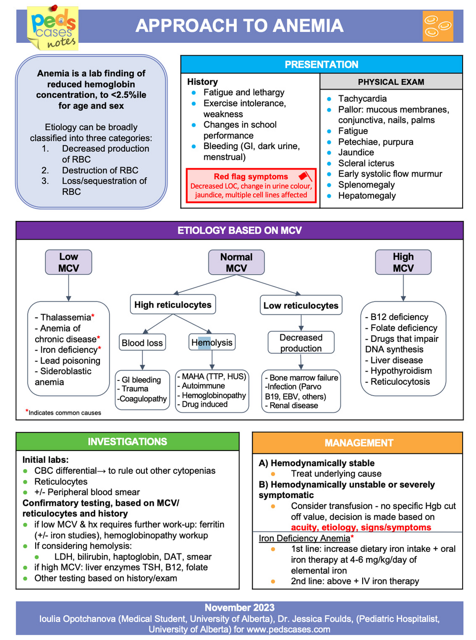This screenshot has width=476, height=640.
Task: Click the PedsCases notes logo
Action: (x=53, y=28)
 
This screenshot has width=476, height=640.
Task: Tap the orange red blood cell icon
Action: (x=437, y=26)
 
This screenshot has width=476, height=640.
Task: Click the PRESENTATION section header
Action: (x=321, y=64)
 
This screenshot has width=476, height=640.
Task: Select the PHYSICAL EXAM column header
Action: (x=391, y=81)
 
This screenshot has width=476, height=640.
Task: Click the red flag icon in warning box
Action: (x=305, y=177)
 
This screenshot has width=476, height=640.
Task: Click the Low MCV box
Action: (x=69, y=262)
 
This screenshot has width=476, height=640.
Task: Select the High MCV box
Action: (x=403, y=262)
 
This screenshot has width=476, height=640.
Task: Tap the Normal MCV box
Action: (x=236, y=262)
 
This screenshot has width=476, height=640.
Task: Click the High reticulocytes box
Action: (x=172, y=305)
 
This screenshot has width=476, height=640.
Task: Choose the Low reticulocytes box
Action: (x=301, y=305)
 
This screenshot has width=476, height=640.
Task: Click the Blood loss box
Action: (x=142, y=342)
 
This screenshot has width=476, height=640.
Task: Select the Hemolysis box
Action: (x=212, y=342)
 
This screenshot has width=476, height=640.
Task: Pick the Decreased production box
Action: (x=301, y=343)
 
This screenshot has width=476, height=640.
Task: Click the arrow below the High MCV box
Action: (x=403, y=288)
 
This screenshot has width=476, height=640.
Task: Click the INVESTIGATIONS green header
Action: (x=127, y=441)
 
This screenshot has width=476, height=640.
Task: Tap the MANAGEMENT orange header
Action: (x=358, y=443)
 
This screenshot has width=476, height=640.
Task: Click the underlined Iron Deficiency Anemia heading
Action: (x=304, y=538)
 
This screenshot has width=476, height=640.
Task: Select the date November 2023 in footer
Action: (x=239, y=608)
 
